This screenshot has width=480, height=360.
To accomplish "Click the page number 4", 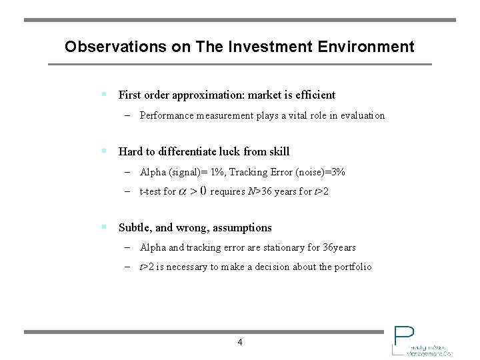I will point(240,343).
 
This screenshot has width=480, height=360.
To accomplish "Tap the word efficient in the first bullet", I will point(315,95).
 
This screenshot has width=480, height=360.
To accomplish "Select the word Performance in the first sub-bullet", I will point(167,115).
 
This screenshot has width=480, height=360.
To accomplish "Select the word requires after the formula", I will point(228,192).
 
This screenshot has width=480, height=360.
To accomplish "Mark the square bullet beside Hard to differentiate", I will point(104,151).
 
